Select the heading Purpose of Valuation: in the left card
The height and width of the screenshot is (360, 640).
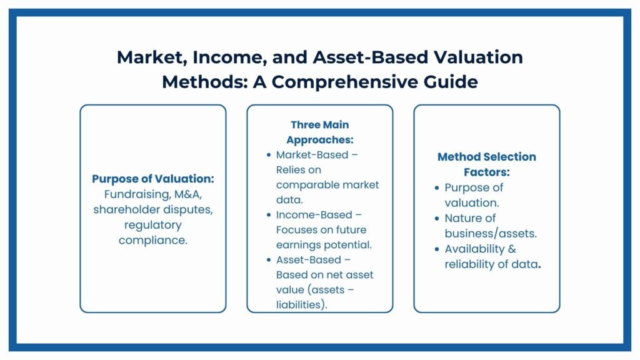153,179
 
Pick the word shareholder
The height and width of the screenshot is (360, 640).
126,209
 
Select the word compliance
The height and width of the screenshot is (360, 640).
152,239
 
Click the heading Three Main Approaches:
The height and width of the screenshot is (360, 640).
319,132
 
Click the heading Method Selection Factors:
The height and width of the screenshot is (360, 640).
486,164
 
